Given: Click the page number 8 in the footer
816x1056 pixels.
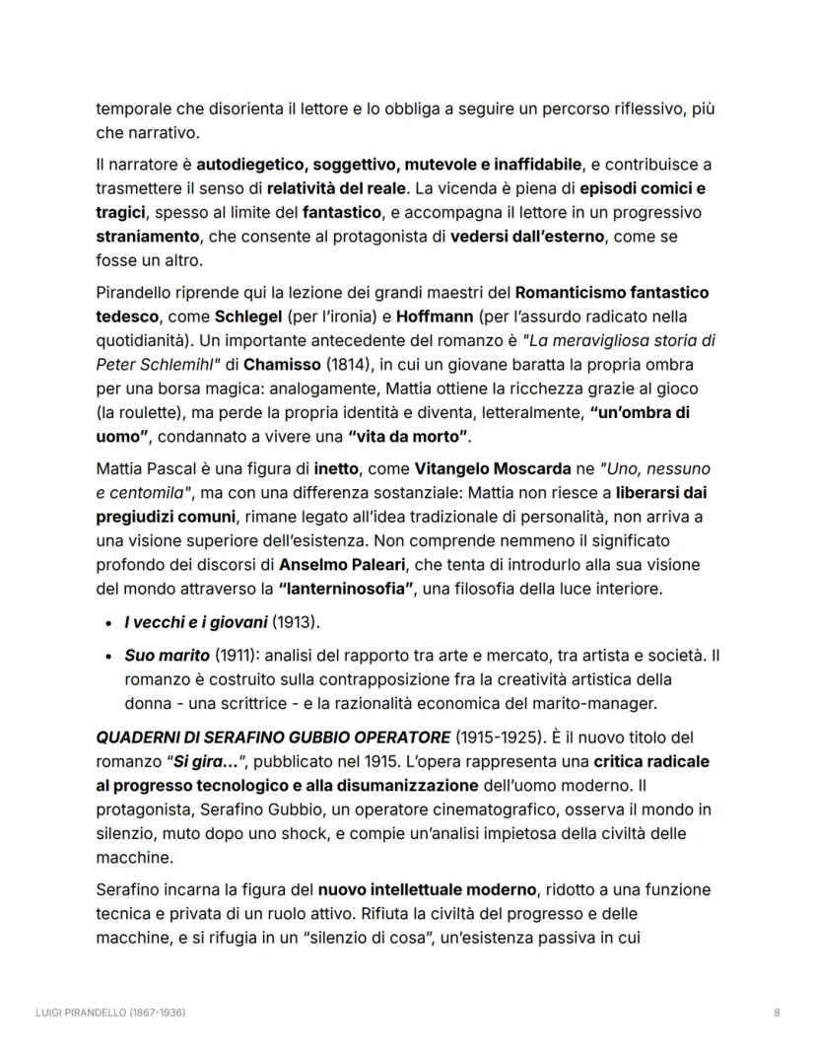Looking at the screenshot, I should pyautogui.click(x=778, y=1013).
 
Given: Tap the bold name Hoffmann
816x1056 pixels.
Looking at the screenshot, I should pyautogui.click(x=411, y=317).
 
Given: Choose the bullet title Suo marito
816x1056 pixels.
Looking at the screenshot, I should pyautogui.click(x=167, y=655).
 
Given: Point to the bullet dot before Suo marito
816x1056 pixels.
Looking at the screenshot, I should pyautogui.click(x=106, y=656).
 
